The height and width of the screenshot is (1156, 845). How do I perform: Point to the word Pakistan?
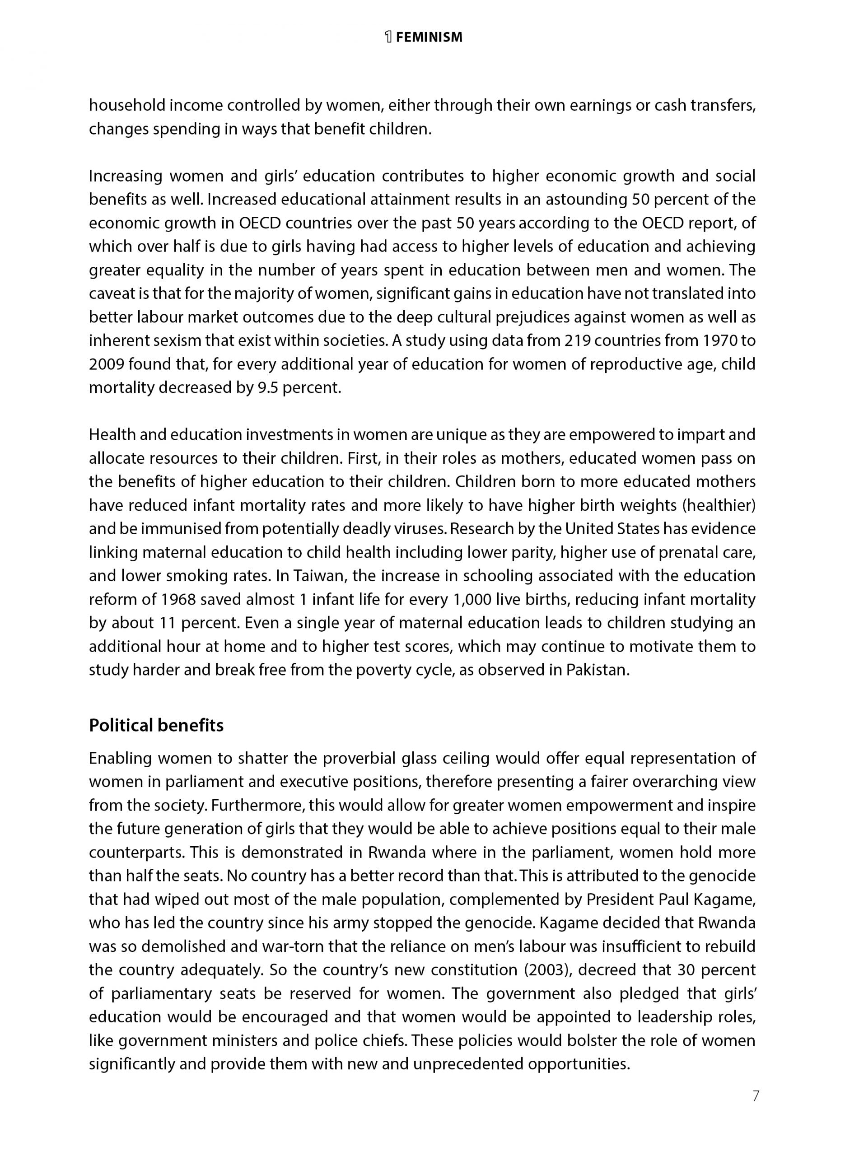(597, 670)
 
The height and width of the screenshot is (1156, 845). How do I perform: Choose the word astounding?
(587, 200)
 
